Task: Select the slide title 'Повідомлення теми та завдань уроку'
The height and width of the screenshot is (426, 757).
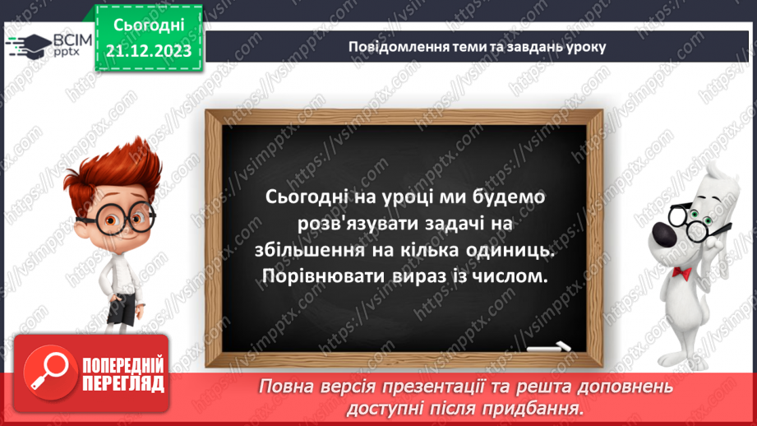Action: [478, 46]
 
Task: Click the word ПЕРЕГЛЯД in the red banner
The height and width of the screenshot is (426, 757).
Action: [123, 383]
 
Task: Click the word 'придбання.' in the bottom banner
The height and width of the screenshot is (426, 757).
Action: [542, 407]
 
